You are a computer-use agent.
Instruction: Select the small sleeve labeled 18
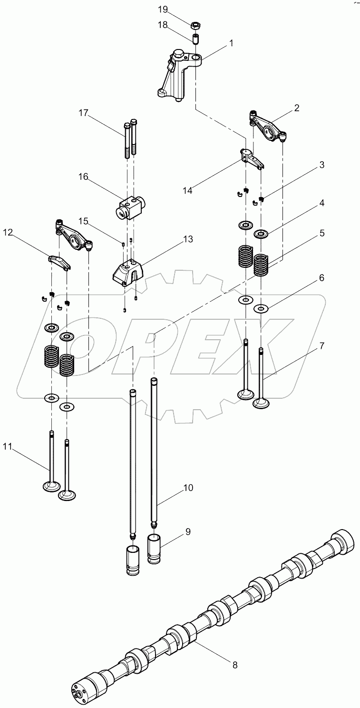(x=195, y=38)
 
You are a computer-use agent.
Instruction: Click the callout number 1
(x=231, y=43)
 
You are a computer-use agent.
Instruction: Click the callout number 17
(x=84, y=113)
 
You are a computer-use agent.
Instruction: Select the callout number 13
(x=188, y=239)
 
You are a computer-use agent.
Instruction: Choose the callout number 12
(x=9, y=232)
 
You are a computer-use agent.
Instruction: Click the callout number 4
(x=321, y=203)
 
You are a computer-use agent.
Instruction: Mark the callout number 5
(x=321, y=233)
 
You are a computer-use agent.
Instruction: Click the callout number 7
(x=321, y=346)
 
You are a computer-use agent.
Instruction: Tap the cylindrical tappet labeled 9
(x=156, y=548)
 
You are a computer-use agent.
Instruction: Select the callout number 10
(x=188, y=488)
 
